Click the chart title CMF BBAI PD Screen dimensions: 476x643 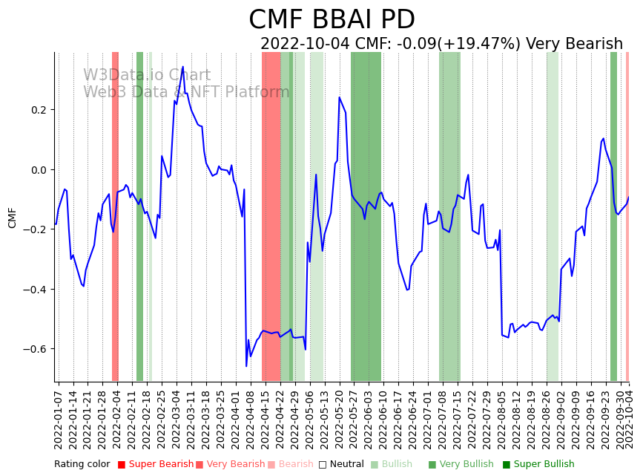click(332, 20)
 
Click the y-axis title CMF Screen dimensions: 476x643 click(12, 218)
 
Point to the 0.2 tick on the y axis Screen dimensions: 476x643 click(37, 110)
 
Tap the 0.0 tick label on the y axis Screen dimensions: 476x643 click(37, 170)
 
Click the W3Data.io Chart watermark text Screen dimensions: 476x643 click(147, 76)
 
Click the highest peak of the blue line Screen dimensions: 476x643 click(182, 67)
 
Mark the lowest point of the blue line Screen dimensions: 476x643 click(246, 365)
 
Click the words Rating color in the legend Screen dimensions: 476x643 click(82, 464)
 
